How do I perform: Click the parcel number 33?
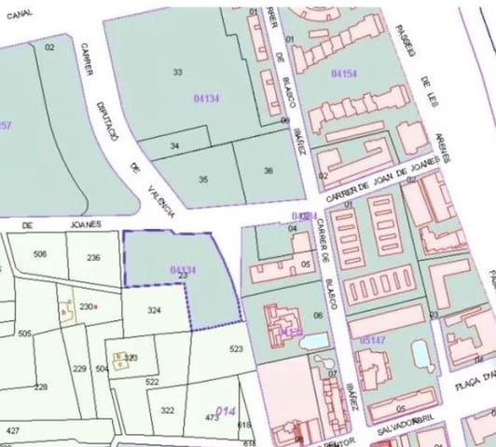(x=177, y=72)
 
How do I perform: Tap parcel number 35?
(x=203, y=179)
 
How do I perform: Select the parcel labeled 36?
(x=268, y=170)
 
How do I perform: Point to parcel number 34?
(x=174, y=146)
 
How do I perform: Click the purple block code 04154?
(x=344, y=73)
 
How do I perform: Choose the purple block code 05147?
(x=373, y=341)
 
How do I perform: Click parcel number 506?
(x=40, y=254)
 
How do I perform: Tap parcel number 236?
(x=93, y=258)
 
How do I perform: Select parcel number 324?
(x=155, y=310)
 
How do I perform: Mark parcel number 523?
(x=236, y=349)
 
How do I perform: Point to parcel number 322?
(x=168, y=410)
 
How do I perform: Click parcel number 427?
(x=12, y=431)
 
